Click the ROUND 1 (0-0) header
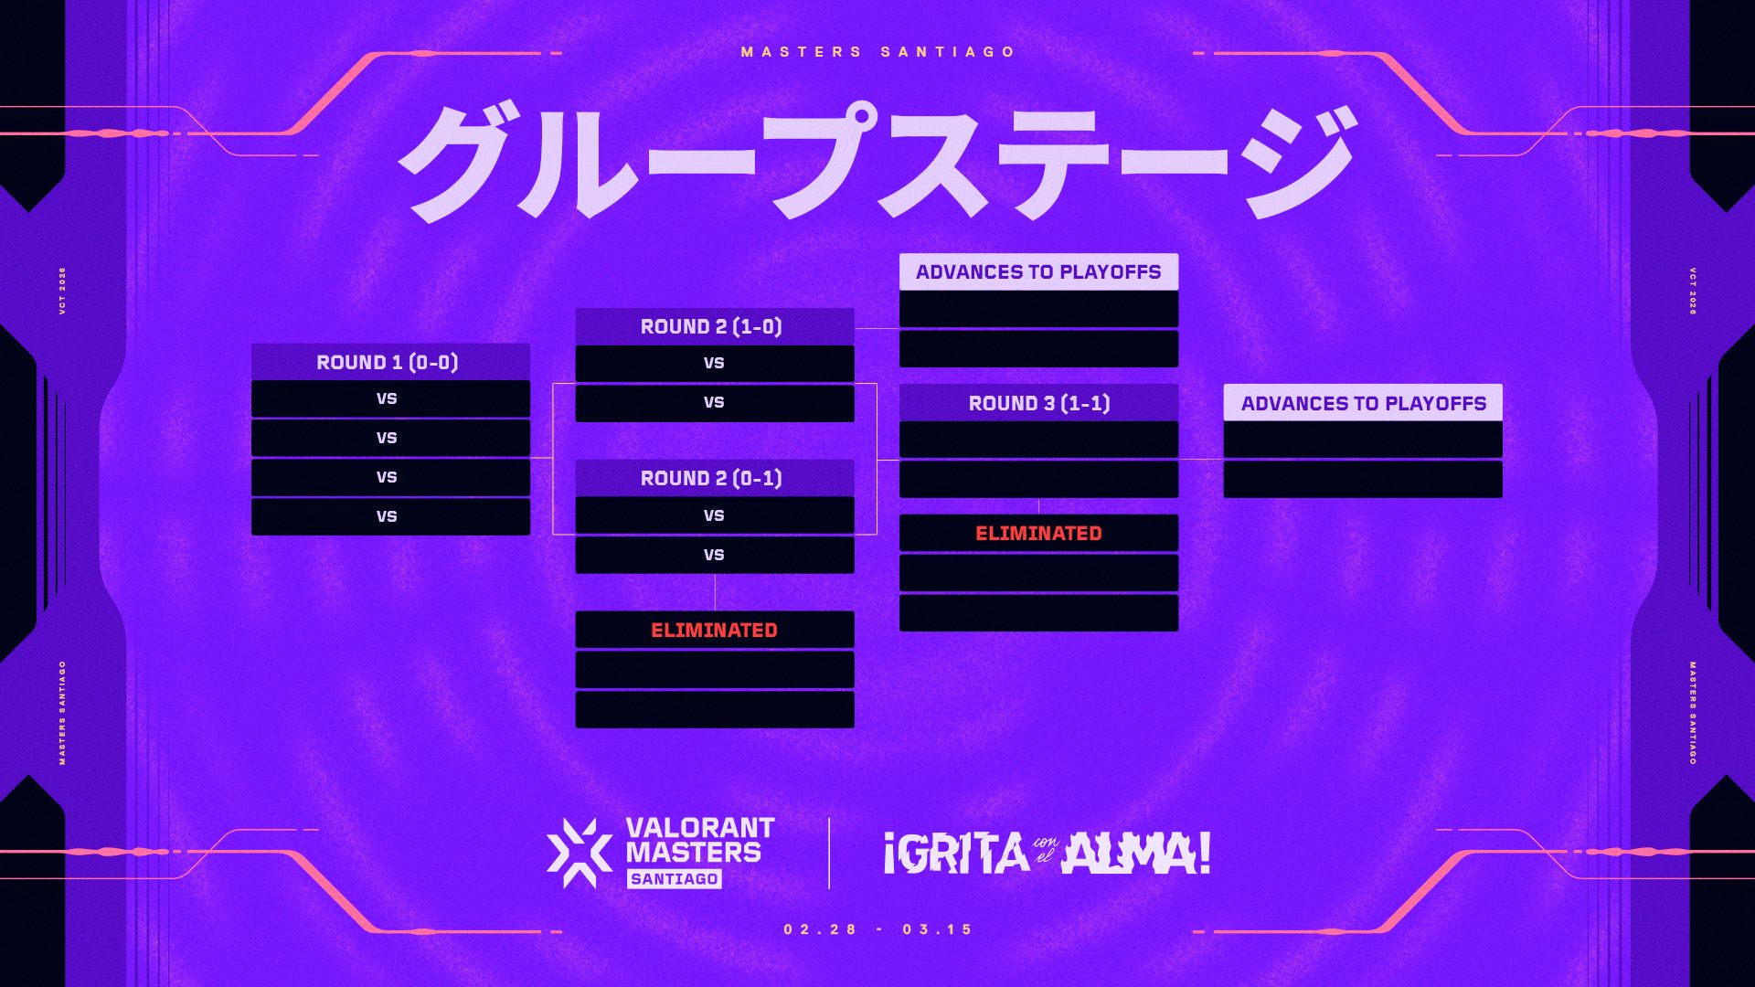pyautogui.click(x=390, y=362)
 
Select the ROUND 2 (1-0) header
pyautogui.click(x=714, y=326)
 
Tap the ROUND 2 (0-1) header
pyautogui.click(x=714, y=478)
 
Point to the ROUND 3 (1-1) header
pyautogui.click(x=1038, y=403)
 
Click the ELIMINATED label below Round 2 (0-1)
pyautogui.click(x=714, y=630)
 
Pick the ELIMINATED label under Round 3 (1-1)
pyautogui.click(x=1038, y=533)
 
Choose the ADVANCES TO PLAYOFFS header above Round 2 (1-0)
pyautogui.click(x=1038, y=271)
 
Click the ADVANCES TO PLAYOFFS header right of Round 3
pyautogui.click(x=1363, y=403)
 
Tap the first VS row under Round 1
pyautogui.click(x=390, y=398)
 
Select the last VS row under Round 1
pyautogui.click(x=390, y=516)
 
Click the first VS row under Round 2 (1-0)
pyautogui.click(x=714, y=363)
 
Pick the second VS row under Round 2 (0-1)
pyautogui.click(x=714, y=555)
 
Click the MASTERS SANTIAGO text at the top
pyautogui.click(x=877, y=52)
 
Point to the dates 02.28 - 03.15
pyautogui.click(x=878, y=929)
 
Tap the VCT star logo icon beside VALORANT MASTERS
pyautogui.click(x=580, y=853)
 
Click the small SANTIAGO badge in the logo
pyautogui.click(x=675, y=878)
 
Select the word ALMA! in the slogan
pyautogui.click(x=1136, y=853)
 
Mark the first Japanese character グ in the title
pyautogui.click(x=462, y=162)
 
